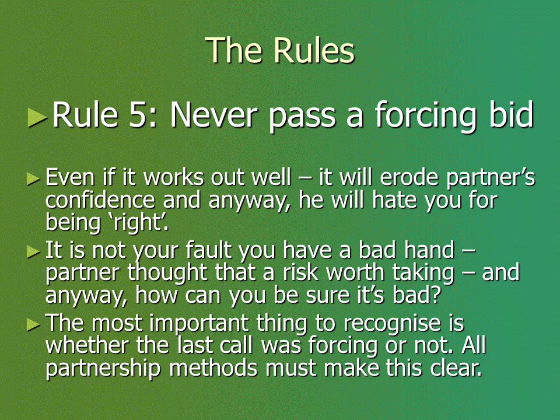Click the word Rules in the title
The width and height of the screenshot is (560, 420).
[314, 50]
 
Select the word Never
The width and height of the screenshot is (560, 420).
[214, 115]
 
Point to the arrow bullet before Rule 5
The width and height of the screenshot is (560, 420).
[37, 117]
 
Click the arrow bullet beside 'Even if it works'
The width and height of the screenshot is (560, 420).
[33, 178]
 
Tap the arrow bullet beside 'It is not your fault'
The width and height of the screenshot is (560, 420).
[33, 252]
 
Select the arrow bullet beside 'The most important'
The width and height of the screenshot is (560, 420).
[33, 324]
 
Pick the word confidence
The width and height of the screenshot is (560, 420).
[100, 199]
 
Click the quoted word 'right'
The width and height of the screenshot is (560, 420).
[138, 223]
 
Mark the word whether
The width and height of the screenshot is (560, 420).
[87, 345]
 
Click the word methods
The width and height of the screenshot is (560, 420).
[213, 367]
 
